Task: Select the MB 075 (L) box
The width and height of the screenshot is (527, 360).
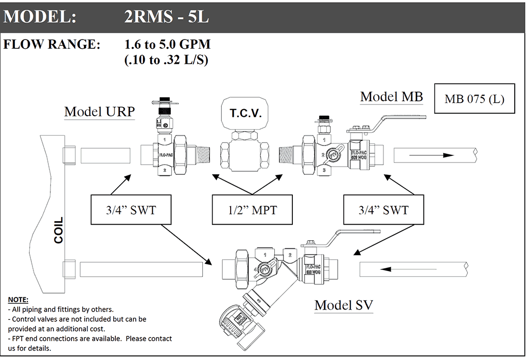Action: [x=475, y=99]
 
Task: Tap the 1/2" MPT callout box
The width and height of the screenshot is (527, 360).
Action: [x=252, y=210]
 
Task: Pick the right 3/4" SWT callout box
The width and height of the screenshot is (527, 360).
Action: [x=383, y=210]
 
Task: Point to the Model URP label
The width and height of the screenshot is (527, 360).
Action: [x=99, y=112]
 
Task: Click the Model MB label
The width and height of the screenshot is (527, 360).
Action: [x=391, y=97]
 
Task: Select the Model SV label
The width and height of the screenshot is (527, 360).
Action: [x=344, y=305]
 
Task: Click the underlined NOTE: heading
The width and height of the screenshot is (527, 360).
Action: [x=19, y=300]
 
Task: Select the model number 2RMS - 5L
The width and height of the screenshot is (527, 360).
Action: [x=166, y=17]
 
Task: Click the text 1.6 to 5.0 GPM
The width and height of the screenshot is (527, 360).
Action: [x=167, y=45]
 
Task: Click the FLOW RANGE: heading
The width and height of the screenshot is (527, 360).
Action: [x=52, y=45]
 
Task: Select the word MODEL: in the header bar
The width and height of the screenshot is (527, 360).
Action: [x=40, y=17]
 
